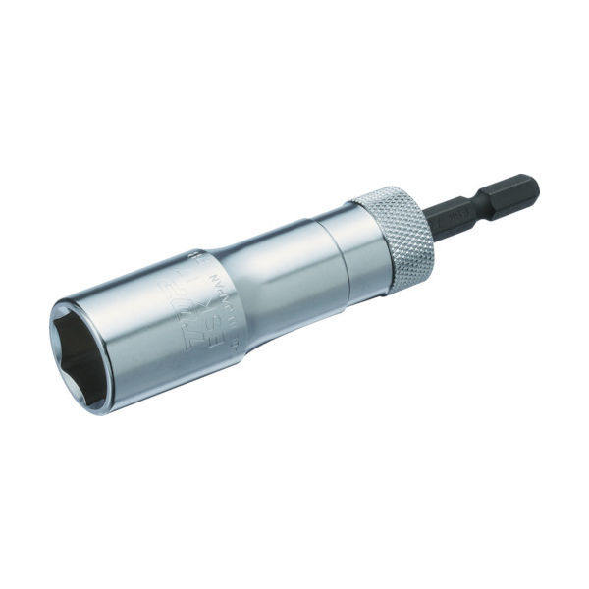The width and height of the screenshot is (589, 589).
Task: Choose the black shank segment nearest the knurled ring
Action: point(461,210)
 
